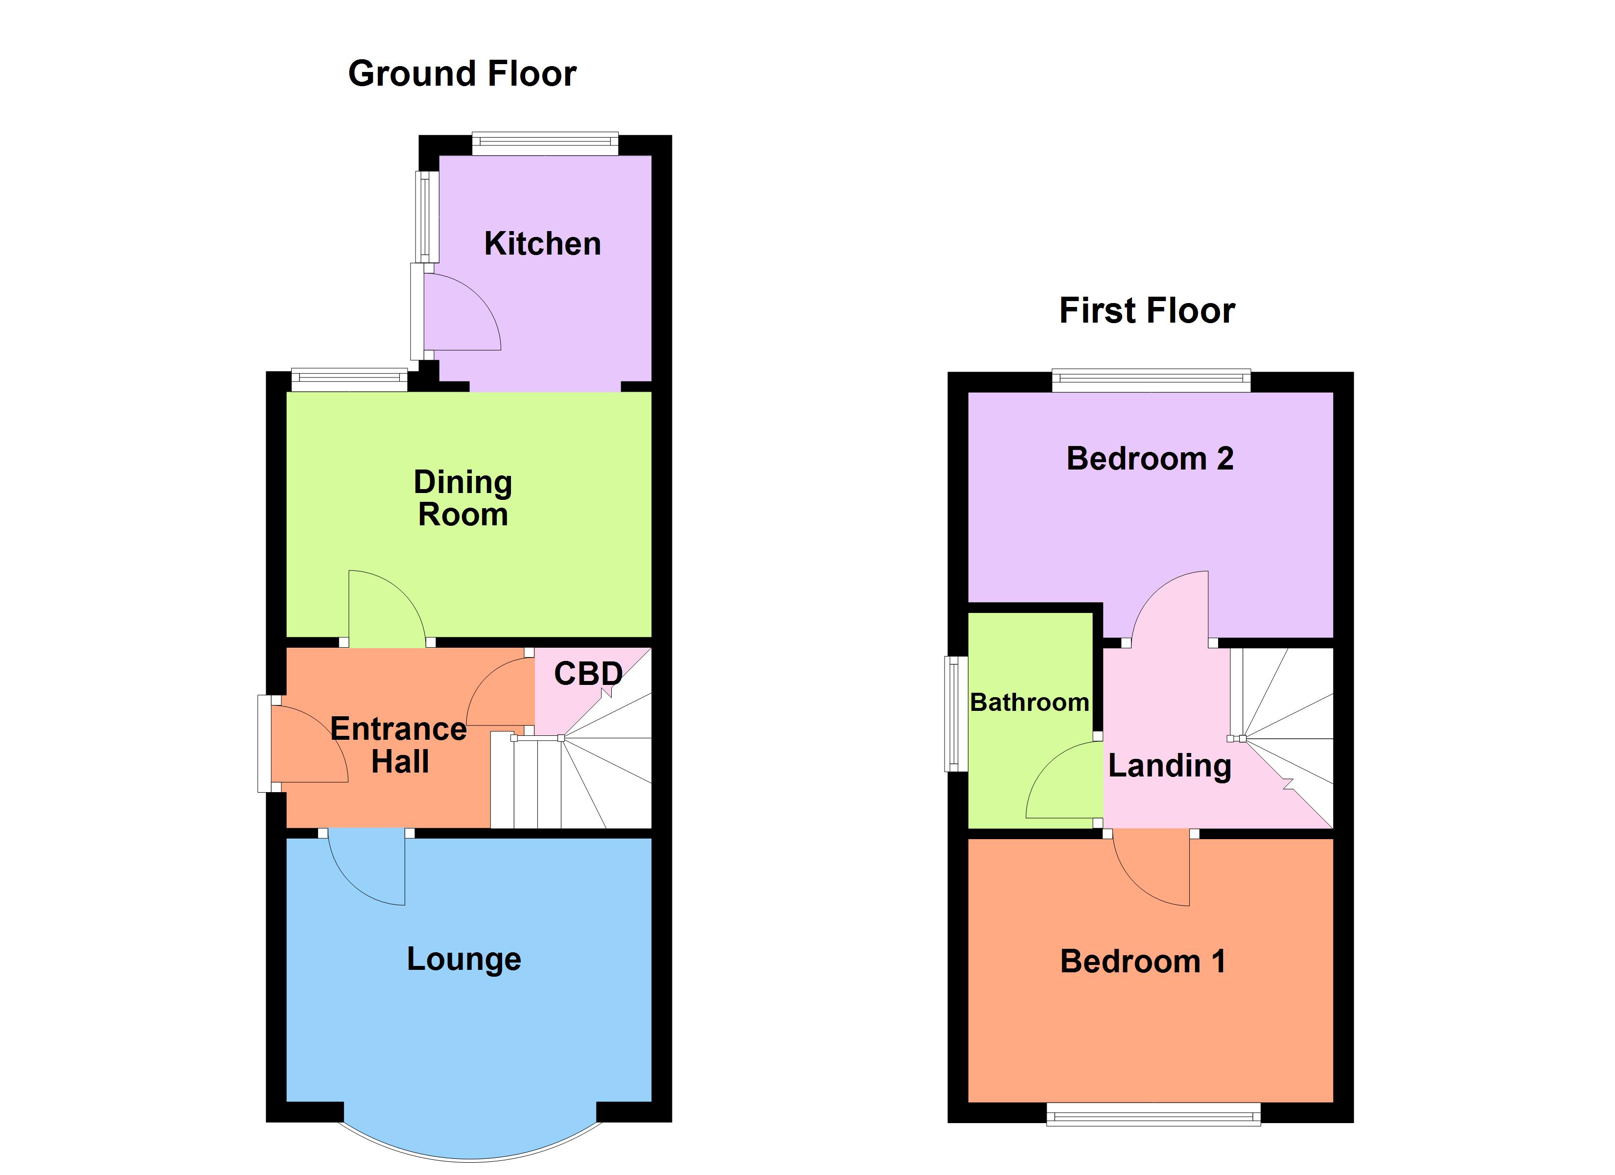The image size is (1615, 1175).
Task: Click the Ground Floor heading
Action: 462,74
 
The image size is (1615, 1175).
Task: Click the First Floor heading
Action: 1147,311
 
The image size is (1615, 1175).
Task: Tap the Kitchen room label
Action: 543,244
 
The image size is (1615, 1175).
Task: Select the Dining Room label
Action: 463,498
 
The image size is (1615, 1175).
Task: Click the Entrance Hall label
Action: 399,745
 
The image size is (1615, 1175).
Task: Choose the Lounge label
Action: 463,959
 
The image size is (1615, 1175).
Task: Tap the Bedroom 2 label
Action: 1149,458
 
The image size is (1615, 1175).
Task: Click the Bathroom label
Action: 1029,703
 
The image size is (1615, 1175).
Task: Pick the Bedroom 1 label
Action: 1142,961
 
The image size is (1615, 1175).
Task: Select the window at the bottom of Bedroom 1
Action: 1153,1114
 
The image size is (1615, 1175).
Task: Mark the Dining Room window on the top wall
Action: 349,380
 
